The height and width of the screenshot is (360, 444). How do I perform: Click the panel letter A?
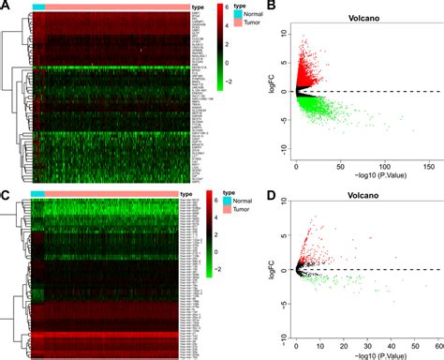[7, 7]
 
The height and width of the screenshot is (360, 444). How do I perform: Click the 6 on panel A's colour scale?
[210, 7]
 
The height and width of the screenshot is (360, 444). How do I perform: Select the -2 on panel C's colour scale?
[212, 266]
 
